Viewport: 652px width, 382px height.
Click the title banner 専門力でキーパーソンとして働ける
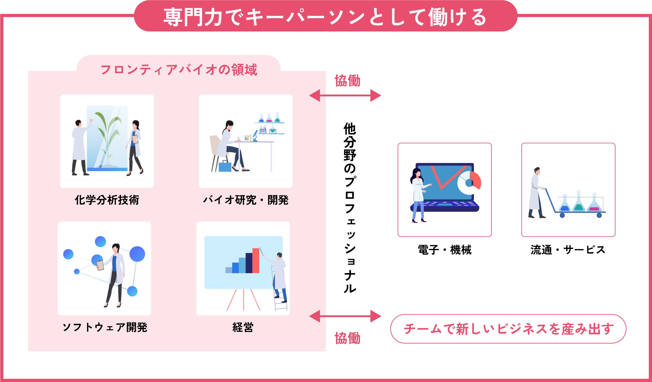pyautogui.click(x=325, y=17)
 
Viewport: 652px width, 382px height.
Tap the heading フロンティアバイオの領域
pyautogui.click(x=179, y=70)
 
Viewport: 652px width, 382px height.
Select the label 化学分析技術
pyautogui.click(x=107, y=200)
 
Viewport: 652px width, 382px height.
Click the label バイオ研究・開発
pyautogui.click(x=246, y=200)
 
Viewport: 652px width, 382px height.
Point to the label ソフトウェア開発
pyautogui.click(x=105, y=328)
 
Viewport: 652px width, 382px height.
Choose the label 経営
pyautogui.click(x=243, y=328)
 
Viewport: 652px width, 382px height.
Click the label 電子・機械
pyautogui.click(x=445, y=250)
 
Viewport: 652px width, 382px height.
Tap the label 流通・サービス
pyautogui.click(x=568, y=250)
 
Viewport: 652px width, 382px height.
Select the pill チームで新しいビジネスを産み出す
pyautogui.click(x=508, y=329)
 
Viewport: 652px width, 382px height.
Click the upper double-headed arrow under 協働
pyautogui.click(x=345, y=95)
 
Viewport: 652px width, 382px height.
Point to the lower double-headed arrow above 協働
pyautogui.click(x=345, y=316)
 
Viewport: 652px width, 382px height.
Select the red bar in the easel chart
pyautogui.click(x=256, y=260)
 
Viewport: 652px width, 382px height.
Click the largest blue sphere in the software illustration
pyautogui.click(x=137, y=254)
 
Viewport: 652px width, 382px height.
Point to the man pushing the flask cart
pyautogui.click(x=535, y=193)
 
